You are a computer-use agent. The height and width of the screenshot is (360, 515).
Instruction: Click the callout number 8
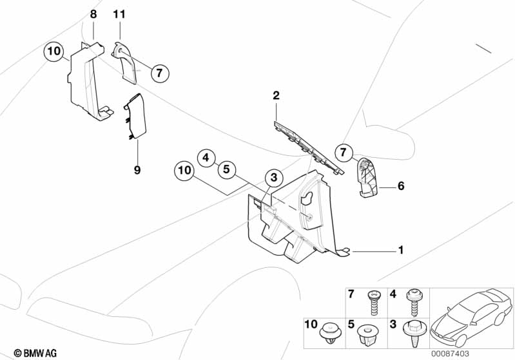[x=94, y=14]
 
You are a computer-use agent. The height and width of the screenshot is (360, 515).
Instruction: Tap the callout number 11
[x=120, y=14]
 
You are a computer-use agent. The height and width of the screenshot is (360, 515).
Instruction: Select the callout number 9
[x=137, y=170]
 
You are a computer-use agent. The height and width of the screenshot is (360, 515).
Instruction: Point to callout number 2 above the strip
[x=276, y=96]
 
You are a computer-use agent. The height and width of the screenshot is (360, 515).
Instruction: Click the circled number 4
[x=206, y=156]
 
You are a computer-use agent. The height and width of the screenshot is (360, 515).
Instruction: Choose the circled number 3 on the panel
[x=273, y=177]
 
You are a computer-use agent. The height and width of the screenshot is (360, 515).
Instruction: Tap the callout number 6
[x=400, y=187]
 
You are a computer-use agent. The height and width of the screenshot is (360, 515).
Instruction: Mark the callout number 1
[x=400, y=249]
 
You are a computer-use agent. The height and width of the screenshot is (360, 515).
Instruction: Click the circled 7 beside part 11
[x=160, y=73]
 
